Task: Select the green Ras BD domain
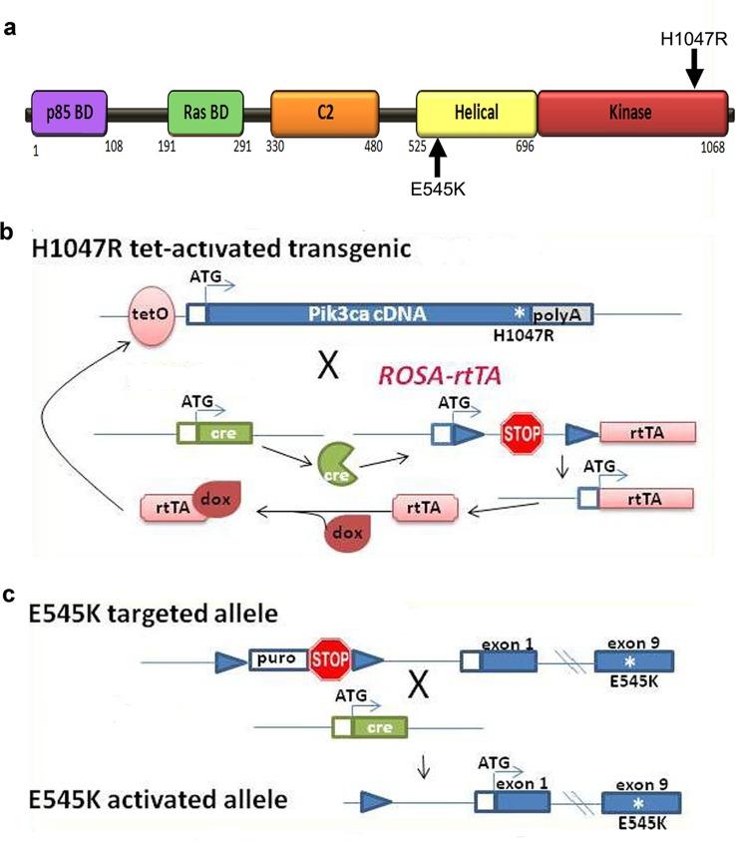206,113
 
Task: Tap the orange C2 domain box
327,114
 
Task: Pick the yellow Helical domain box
476,114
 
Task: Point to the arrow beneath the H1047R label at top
695,69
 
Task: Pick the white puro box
276,659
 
